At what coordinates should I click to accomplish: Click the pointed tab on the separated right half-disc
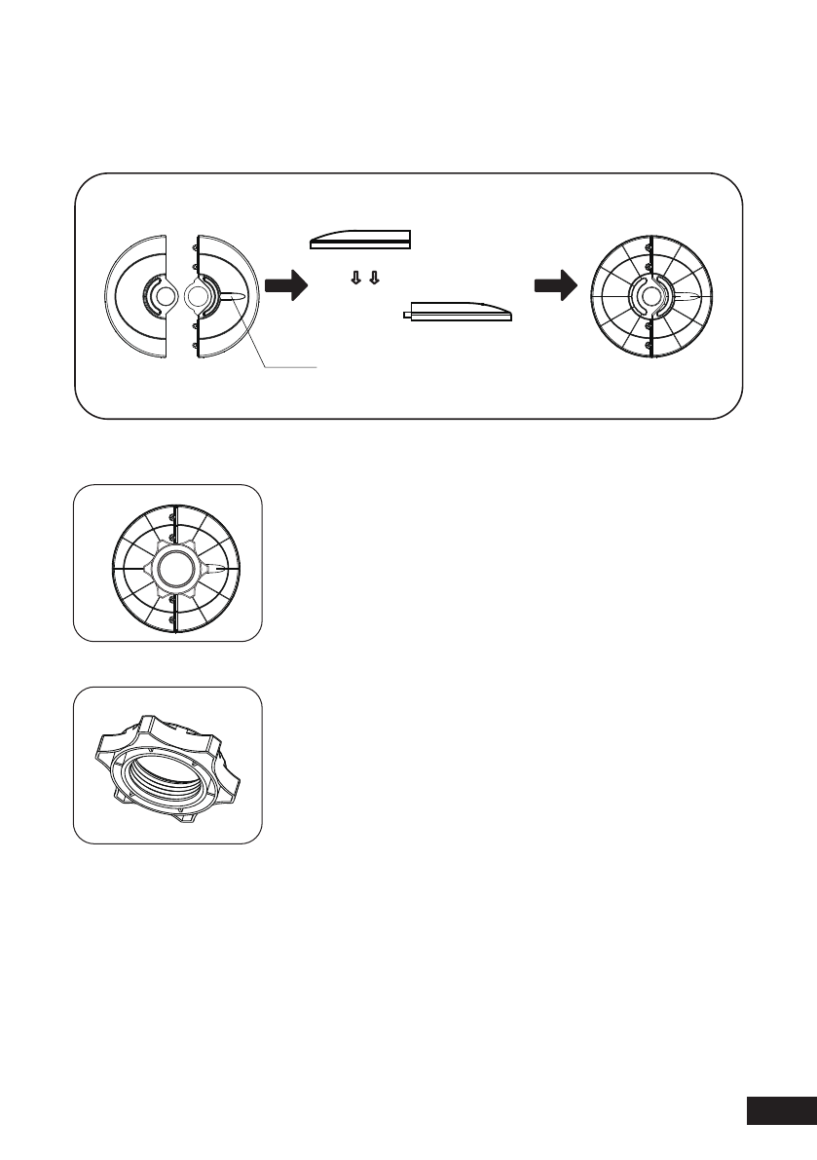point(237,295)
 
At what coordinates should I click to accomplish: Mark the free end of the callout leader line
point(317,367)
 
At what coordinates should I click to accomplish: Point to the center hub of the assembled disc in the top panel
point(648,296)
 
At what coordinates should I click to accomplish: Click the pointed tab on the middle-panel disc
point(221,567)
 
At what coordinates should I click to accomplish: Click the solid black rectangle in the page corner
point(780,1111)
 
